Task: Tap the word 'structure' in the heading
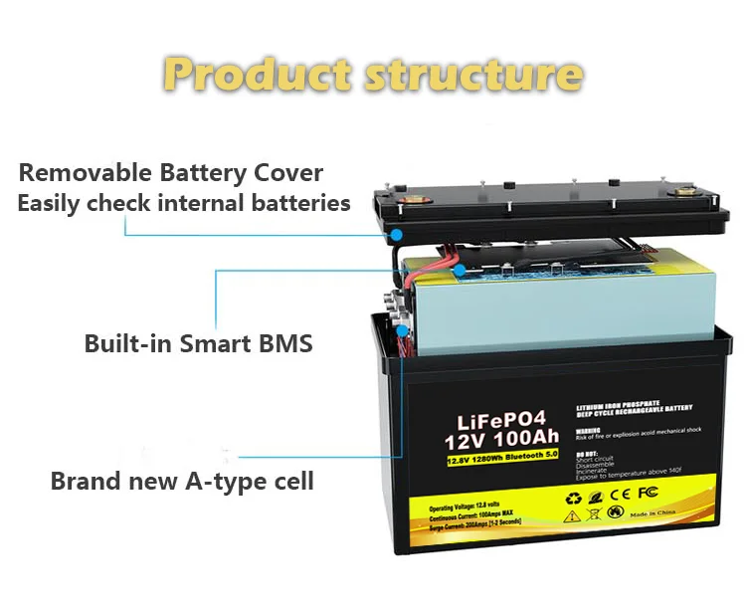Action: point(473,74)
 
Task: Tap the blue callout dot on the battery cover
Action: point(396,236)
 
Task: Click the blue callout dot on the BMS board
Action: point(460,270)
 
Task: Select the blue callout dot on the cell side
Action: point(402,329)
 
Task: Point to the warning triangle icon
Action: point(574,516)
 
